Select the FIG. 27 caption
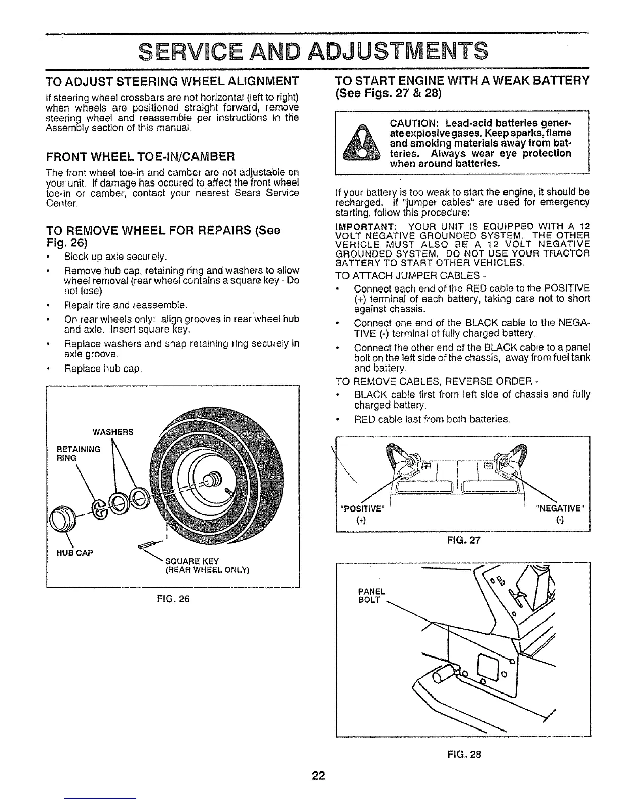463,540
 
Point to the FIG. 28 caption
463,754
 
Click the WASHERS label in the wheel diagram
112,432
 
